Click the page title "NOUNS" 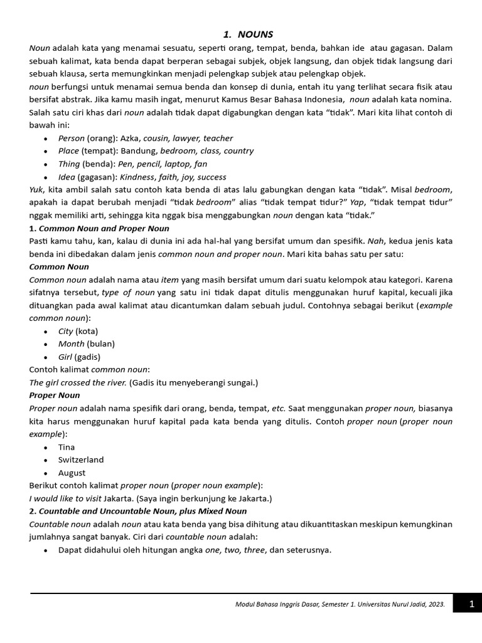(255, 35)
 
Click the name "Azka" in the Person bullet (130, 138)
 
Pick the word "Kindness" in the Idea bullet (136, 177)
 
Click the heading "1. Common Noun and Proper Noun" (99, 229)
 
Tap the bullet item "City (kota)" (78, 331)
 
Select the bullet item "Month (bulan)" (86, 343)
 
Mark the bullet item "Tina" (67, 447)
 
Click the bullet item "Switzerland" (81, 460)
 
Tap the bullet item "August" (72, 473)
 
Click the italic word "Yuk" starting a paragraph (36, 190)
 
